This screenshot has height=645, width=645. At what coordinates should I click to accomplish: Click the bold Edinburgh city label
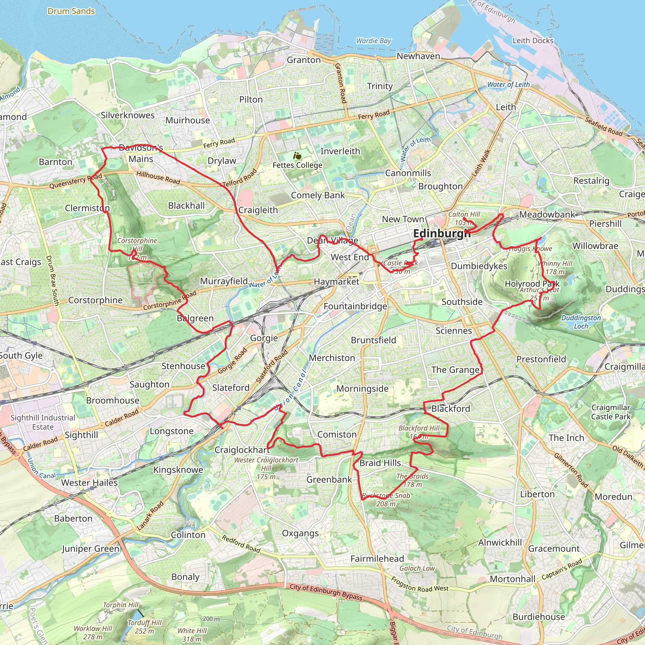click(441, 234)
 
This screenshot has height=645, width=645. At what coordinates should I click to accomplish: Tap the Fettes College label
click(297, 165)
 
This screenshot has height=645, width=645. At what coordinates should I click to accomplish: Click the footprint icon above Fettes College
click(297, 156)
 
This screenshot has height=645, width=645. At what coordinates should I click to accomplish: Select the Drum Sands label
click(71, 11)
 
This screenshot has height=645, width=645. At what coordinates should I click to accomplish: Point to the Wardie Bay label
click(373, 41)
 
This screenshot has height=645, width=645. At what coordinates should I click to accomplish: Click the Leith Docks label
click(533, 41)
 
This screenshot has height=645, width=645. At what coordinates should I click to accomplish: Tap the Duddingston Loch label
click(581, 322)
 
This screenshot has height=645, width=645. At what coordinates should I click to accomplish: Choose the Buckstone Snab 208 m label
click(386, 500)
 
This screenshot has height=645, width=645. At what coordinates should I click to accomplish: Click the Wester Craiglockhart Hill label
click(266, 468)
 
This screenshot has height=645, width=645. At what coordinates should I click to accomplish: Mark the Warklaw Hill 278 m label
click(93, 633)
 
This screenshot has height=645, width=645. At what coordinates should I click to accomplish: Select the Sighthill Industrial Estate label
click(43, 422)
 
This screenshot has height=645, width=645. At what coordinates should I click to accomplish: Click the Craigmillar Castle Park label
click(611, 412)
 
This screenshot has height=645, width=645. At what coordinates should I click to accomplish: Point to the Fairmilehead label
click(377, 558)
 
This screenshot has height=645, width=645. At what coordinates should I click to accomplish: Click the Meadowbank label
click(547, 214)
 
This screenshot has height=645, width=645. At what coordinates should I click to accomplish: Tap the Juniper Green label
click(90, 549)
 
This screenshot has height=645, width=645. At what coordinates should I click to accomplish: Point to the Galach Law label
click(417, 568)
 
